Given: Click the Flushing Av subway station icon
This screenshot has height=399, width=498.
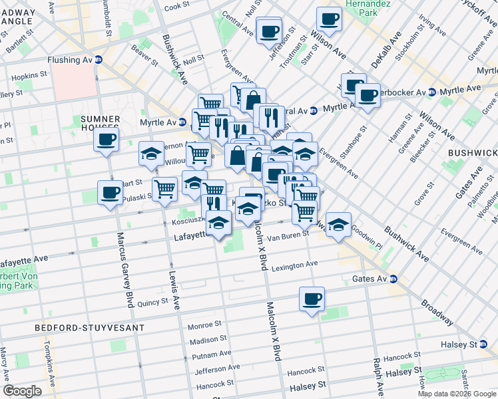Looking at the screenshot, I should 99,59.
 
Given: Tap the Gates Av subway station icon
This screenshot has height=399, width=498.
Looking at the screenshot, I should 393,279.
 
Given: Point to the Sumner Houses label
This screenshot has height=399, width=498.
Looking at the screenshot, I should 99,122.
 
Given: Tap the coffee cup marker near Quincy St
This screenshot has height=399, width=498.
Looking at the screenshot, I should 311,299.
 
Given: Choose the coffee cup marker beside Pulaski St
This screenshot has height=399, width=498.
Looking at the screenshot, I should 110,193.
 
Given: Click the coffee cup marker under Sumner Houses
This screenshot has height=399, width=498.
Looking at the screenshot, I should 105,140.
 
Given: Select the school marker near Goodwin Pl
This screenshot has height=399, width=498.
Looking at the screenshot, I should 338,223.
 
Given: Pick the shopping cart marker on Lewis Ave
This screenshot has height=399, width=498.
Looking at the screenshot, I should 164,189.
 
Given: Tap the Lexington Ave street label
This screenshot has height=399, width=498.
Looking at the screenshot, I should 294,265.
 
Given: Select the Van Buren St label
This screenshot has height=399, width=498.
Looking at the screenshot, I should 288,234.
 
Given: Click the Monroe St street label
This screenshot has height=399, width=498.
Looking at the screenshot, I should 204,326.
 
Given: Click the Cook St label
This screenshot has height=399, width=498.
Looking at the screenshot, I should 177,6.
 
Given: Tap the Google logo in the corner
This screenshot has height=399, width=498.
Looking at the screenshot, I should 21,391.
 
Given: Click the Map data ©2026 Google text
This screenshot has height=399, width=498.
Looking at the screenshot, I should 457,394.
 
